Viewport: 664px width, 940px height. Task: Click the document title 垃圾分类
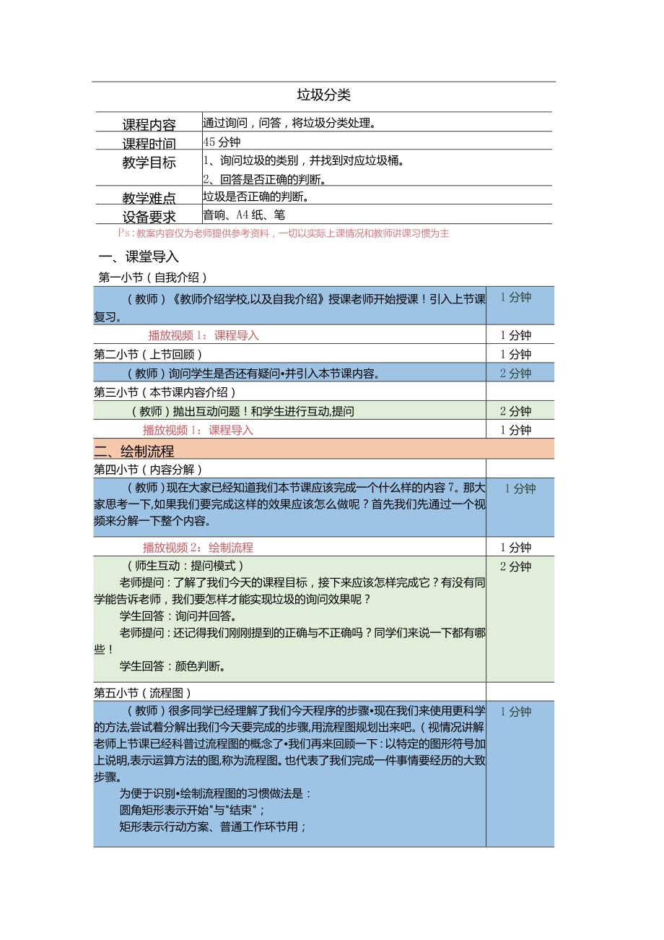[x=324, y=95]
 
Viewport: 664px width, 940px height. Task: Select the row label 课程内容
[x=149, y=124]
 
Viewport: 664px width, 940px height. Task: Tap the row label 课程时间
[x=149, y=143]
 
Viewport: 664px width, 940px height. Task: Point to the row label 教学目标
[x=149, y=163]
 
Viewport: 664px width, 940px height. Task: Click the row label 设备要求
[x=149, y=216]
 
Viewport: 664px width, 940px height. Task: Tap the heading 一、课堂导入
[x=138, y=256]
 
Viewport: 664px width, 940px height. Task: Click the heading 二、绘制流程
[x=134, y=451]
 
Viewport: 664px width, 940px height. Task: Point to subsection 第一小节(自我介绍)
[x=152, y=277]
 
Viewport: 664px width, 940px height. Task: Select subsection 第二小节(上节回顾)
[x=148, y=354]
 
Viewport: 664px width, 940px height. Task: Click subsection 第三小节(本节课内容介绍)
[x=165, y=392]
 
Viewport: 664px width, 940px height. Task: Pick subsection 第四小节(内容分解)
[x=148, y=470]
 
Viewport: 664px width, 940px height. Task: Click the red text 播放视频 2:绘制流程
[x=198, y=548]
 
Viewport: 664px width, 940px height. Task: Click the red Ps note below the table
[x=284, y=233]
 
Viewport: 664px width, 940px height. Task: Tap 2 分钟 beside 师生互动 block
[x=515, y=566]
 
